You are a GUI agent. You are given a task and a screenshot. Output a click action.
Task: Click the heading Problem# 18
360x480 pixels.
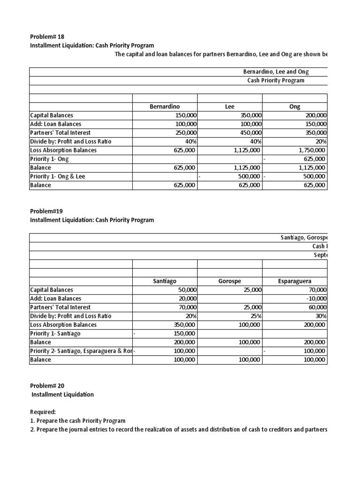pyautogui.click(x=47, y=37)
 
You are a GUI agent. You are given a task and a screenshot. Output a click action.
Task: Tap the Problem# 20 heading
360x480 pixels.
pyautogui.click(x=47, y=386)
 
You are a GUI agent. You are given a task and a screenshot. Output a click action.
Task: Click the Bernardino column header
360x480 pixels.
pyautogui.click(x=165, y=106)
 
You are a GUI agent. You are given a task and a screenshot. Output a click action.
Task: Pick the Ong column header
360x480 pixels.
pyautogui.click(x=295, y=106)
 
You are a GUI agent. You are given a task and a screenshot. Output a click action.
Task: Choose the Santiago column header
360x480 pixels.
pyautogui.click(x=165, y=281)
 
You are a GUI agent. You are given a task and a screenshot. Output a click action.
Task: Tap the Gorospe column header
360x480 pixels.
pyautogui.click(x=230, y=281)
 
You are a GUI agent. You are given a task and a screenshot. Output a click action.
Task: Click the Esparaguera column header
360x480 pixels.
pyautogui.click(x=295, y=281)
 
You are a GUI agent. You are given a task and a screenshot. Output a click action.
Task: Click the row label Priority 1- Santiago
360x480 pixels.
pyautogui.click(x=55, y=333)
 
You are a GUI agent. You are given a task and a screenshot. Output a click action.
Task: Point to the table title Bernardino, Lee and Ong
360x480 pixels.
pyautogui.click(x=276, y=72)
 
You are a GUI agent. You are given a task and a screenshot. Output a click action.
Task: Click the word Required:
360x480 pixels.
pyautogui.click(x=44, y=412)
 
